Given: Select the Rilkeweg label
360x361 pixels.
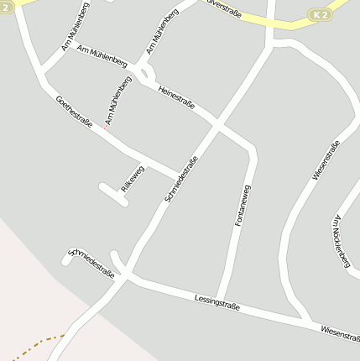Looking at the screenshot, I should point(133,179).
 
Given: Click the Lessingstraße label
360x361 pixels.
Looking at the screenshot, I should point(217,302).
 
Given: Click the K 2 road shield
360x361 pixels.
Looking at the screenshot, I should point(320,14).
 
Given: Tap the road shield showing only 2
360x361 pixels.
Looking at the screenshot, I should point(5,7).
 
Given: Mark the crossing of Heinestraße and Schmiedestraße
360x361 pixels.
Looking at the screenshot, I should point(217,125).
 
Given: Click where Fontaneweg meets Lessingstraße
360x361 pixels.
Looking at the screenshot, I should point(221,300).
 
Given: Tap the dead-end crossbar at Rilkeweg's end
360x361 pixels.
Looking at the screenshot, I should point(112,193).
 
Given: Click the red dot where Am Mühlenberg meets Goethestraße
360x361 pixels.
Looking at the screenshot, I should point(107,126).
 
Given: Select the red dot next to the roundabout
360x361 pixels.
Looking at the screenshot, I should point(131,77).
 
